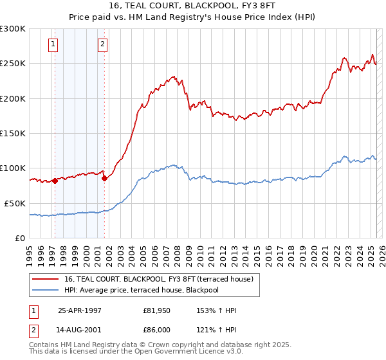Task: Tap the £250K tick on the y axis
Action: pos(12,64)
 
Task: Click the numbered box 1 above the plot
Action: pos(53,44)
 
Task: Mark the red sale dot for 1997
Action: pos(55,181)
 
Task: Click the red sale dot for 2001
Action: pos(104,178)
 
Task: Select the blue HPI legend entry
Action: pos(151,291)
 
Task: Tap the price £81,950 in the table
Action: pos(156,310)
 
